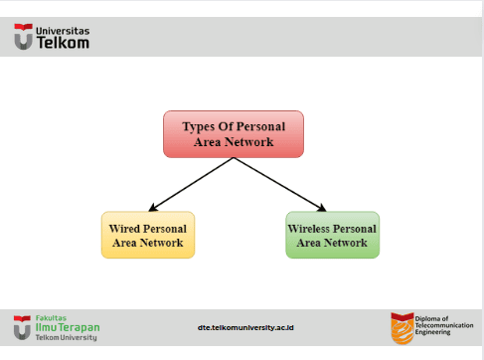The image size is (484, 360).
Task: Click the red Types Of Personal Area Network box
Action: click(234, 134)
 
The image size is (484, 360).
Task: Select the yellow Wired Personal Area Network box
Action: click(148, 235)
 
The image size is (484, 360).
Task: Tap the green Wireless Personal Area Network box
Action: click(332, 235)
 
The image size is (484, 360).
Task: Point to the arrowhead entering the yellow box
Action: click(152, 208)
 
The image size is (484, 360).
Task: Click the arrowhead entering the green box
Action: click(322, 208)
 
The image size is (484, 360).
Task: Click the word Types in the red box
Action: click(198, 127)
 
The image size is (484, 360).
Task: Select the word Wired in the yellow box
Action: click(124, 229)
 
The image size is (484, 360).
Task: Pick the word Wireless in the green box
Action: click(308, 229)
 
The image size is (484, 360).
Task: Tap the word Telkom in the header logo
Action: click(63, 43)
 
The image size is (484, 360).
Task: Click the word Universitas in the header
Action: click(63, 31)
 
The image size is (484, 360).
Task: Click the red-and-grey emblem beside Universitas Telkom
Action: click(23, 37)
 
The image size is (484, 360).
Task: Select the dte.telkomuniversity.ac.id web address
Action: click(245, 327)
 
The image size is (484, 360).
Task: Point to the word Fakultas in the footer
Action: click(51, 318)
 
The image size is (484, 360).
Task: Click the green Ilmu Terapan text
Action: click(68, 327)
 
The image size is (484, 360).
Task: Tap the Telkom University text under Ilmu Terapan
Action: click(67, 337)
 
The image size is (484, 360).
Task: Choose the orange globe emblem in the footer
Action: click(403, 328)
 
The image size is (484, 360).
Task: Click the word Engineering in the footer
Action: click(432, 332)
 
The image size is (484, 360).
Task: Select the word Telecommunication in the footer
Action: click(444, 325)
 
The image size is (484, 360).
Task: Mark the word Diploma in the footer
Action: click(427, 318)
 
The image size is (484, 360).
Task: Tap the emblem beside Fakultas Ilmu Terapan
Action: click(22, 327)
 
